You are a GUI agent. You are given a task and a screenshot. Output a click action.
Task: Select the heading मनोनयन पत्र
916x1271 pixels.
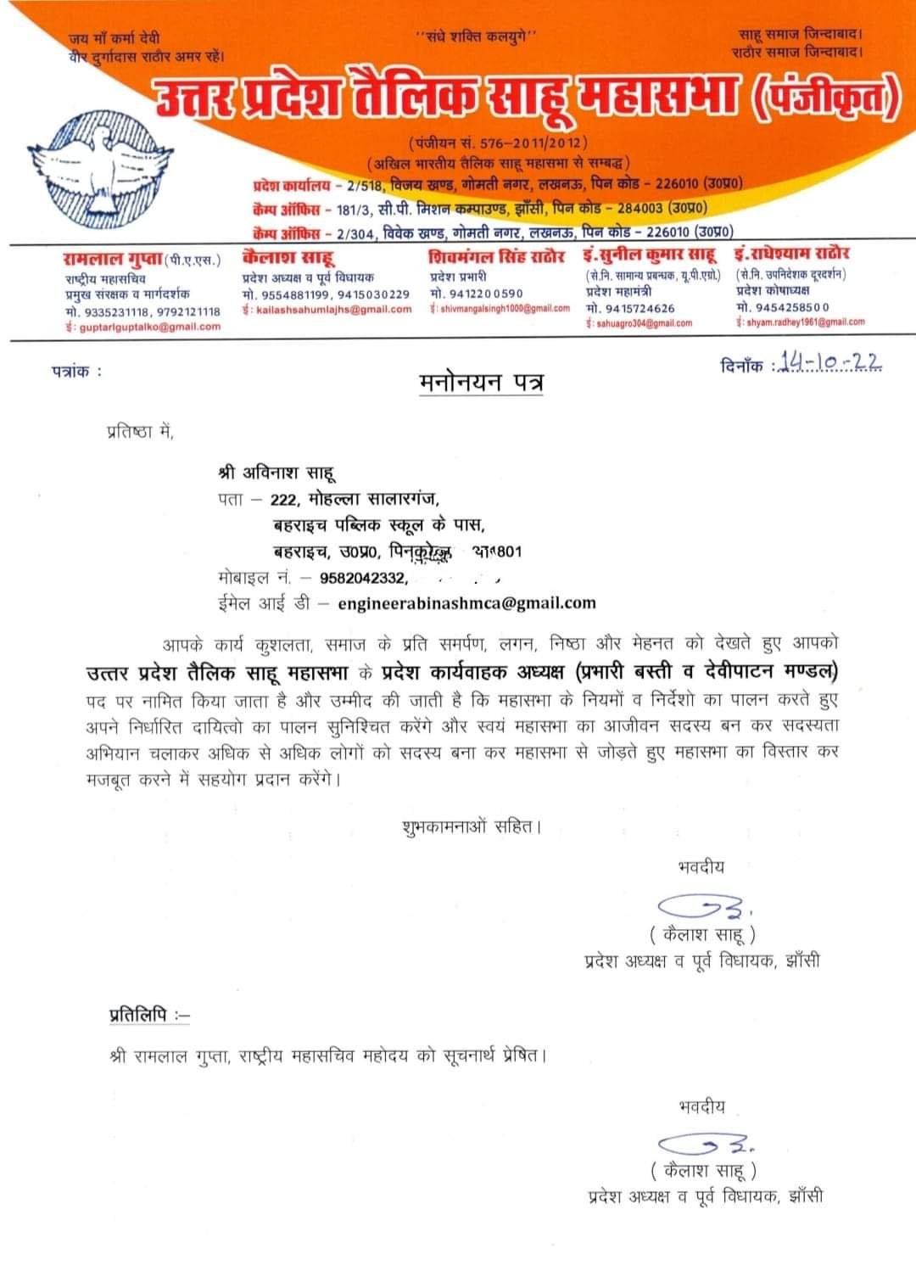pos(481,383)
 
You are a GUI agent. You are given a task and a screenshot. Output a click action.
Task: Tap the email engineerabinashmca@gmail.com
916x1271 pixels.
pos(466,603)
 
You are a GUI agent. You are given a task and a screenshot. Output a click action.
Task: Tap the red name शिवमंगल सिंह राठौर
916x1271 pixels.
pos(496,256)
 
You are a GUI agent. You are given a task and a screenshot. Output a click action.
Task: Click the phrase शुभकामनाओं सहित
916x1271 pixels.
pos(470,825)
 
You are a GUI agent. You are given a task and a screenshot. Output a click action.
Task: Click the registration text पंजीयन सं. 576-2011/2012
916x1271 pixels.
pos(498,143)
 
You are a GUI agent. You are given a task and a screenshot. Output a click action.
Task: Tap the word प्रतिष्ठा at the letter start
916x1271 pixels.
pos(131,433)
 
